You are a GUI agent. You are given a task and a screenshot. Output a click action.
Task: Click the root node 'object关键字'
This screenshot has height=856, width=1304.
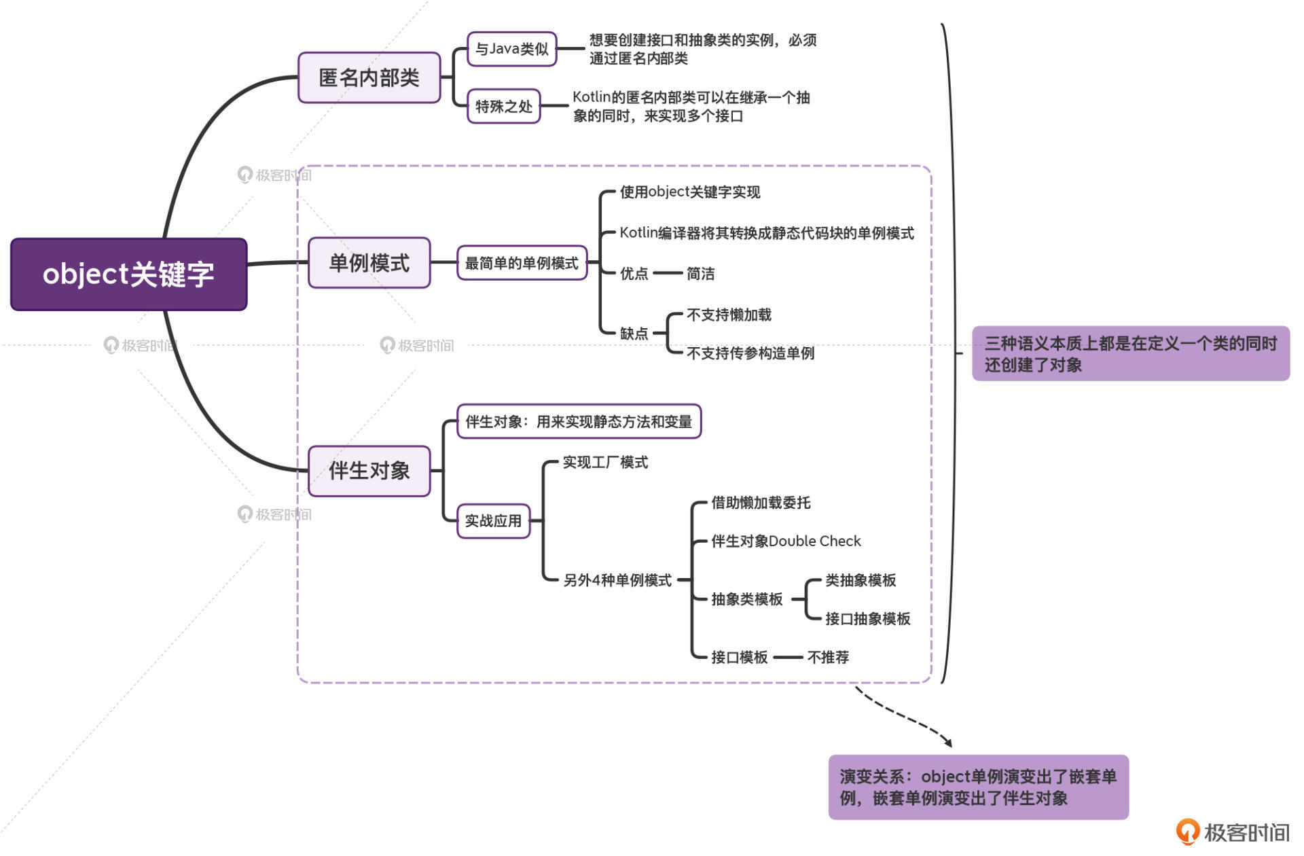pyautogui.click(x=128, y=274)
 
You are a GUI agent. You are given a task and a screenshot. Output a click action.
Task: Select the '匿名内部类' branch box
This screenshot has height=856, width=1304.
pyautogui.click(x=369, y=77)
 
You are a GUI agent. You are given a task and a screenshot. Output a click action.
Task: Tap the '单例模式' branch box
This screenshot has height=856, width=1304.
pyautogui.click(x=369, y=262)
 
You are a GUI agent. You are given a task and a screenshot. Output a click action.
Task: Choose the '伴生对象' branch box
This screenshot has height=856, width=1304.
pyautogui.click(x=369, y=470)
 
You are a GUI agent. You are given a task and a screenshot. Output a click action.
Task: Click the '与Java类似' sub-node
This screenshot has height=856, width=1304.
pyautogui.click(x=511, y=49)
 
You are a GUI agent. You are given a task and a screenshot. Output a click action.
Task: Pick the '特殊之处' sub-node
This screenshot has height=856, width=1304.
pyautogui.click(x=503, y=106)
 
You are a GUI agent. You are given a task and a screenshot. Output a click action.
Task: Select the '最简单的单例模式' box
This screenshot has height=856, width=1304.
pyautogui.click(x=522, y=263)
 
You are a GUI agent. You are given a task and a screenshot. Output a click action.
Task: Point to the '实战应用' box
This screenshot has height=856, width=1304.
pyautogui.click(x=493, y=521)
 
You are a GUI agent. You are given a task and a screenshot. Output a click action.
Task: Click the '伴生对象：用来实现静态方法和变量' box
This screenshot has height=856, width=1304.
pyautogui.click(x=579, y=421)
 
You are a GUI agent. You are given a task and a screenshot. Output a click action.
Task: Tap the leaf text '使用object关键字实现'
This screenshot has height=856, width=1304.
pyautogui.click(x=689, y=192)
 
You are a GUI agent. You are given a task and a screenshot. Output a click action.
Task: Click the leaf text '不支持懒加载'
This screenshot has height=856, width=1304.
pyautogui.click(x=729, y=315)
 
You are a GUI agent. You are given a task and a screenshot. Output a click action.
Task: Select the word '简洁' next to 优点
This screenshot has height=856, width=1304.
pyautogui.click(x=700, y=274)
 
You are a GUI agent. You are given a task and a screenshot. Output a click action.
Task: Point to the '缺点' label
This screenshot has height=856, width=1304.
pyautogui.click(x=634, y=334)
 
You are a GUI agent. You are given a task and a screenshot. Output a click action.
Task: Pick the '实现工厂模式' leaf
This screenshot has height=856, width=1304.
pyautogui.click(x=605, y=463)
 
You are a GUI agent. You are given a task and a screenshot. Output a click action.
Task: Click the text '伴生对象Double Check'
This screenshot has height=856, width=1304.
pyautogui.click(x=786, y=541)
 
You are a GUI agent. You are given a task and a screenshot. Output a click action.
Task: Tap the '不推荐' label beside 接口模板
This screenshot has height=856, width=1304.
pyautogui.click(x=828, y=657)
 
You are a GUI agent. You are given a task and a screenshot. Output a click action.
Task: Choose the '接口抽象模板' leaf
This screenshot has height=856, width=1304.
pyautogui.click(x=867, y=619)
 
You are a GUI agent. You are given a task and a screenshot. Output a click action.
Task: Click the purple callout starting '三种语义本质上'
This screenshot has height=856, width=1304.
pyautogui.click(x=1130, y=353)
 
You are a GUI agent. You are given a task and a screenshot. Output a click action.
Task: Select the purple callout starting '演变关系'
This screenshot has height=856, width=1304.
pyautogui.click(x=978, y=787)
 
